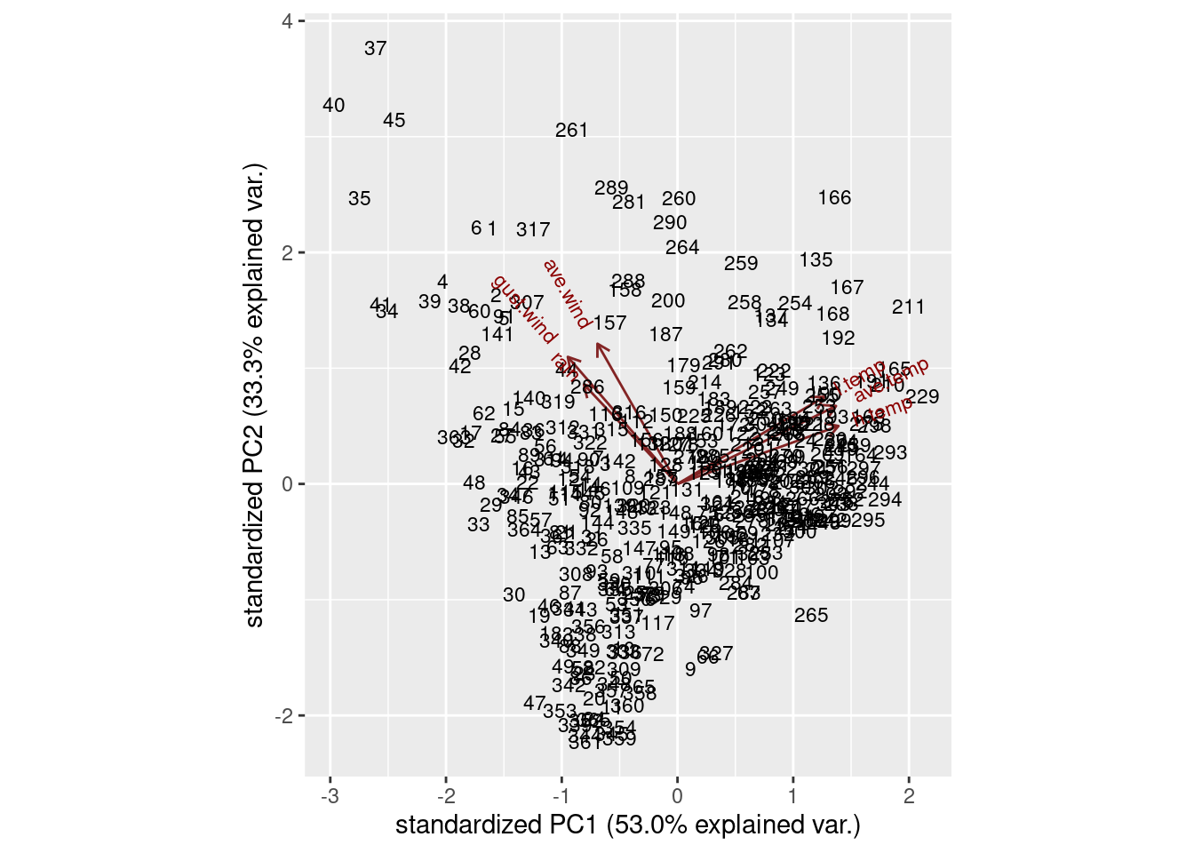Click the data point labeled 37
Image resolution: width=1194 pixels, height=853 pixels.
376,49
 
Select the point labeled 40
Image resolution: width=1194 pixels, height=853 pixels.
333,106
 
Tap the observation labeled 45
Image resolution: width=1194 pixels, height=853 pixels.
394,120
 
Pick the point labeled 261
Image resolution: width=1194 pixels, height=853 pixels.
572,131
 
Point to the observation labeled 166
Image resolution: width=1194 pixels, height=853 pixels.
834,198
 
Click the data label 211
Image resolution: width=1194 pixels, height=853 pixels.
908,307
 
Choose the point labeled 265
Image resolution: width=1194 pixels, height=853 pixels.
811,616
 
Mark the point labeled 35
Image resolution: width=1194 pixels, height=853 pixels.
360,199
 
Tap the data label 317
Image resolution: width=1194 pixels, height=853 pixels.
533,230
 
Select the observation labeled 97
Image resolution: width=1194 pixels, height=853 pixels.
701,611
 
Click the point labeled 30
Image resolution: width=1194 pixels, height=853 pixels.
514,595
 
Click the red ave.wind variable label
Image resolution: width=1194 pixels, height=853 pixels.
566,294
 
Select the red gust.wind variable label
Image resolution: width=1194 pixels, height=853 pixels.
523,310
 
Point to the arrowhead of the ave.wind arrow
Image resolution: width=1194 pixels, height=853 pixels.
598,344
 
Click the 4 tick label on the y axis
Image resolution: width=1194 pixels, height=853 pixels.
287,20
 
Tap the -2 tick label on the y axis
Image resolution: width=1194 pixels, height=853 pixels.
283,716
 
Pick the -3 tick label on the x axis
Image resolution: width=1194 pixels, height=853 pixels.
330,797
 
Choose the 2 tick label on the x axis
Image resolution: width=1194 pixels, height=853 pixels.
909,797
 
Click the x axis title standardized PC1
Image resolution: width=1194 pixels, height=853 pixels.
627,825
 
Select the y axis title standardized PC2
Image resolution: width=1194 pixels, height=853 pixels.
255,395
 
